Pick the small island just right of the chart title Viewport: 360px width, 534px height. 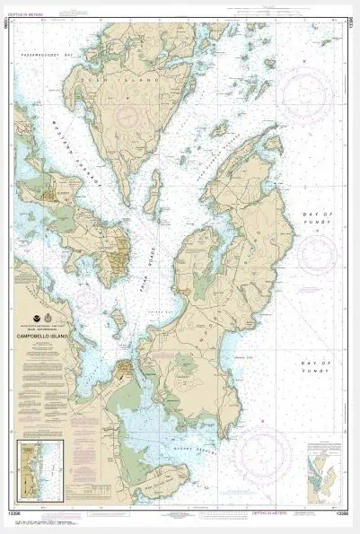(x=117, y=319)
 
